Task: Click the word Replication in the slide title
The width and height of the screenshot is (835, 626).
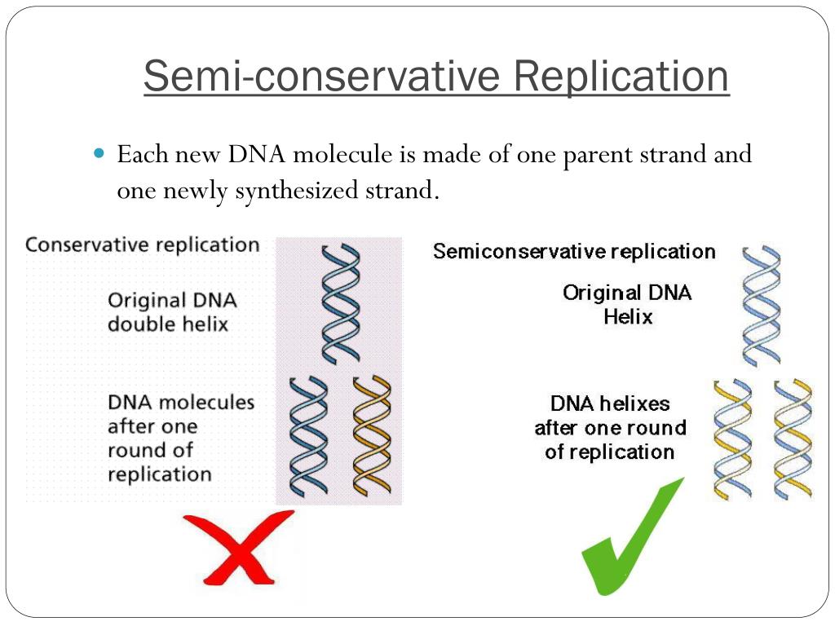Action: [x=621, y=76]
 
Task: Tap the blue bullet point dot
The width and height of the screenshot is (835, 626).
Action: [x=100, y=153]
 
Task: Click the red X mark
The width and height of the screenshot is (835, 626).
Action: [x=239, y=547]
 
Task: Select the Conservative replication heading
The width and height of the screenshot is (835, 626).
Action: [x=143, y=245]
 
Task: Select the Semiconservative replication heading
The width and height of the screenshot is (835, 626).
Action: [x=574, y=251]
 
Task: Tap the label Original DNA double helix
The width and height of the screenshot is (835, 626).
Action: [x=172, y=312]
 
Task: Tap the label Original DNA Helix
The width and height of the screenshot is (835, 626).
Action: [x=627, y=304]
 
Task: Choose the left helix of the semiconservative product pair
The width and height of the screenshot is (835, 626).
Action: [x=731, y=439]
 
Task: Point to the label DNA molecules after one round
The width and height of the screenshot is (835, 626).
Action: [x=180, y=438]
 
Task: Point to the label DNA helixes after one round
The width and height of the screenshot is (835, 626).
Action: [x=610, y=427]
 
